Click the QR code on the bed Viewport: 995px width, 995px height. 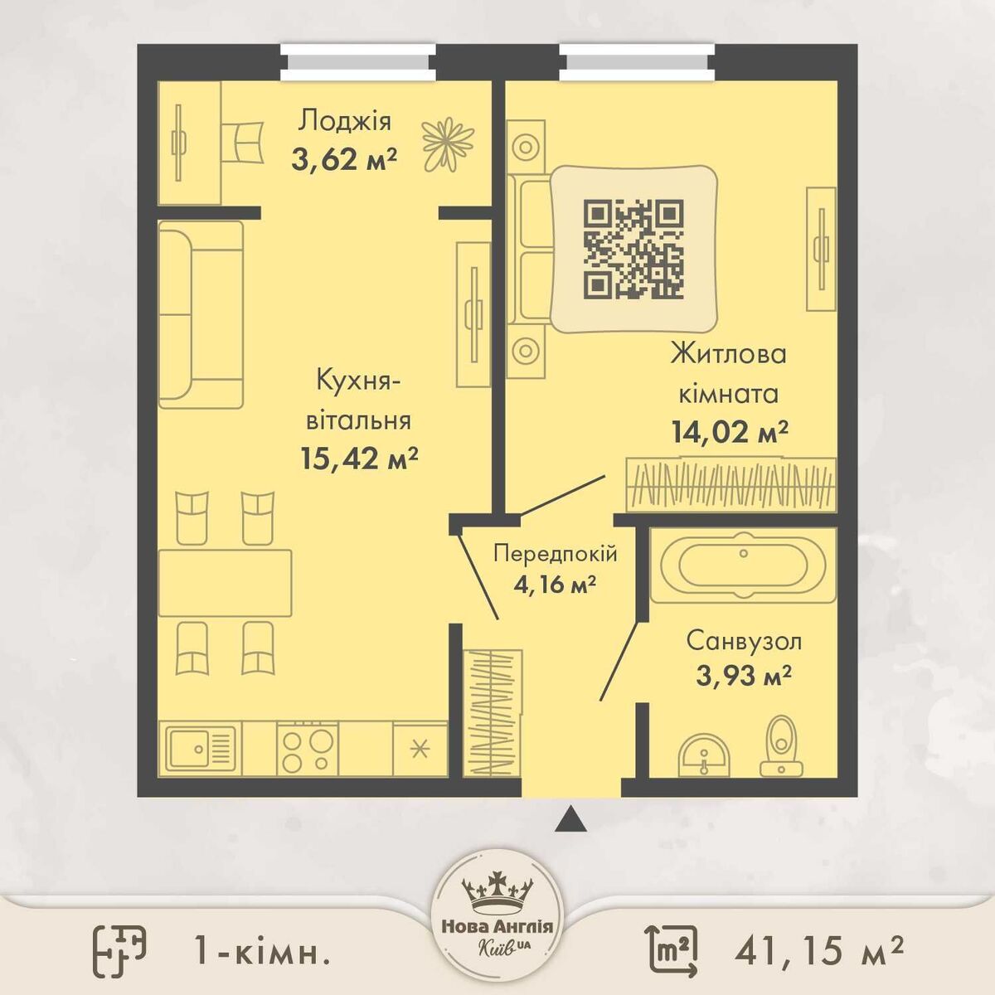tap(633, 250)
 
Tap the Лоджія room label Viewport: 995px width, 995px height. tap(344, 121)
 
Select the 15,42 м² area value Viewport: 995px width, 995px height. tap(359, 458)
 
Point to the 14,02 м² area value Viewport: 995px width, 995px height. tap(729, 431)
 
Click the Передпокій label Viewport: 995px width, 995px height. tap(555, 554)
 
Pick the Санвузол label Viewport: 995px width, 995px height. tap(744, 642)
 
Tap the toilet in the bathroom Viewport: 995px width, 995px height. tap(782, 745)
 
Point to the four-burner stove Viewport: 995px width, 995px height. tap(308, 748)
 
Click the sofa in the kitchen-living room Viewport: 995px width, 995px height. tap(201, 315)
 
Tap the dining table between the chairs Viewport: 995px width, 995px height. tap(226, 583)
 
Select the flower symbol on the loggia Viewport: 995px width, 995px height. tap(449, 144)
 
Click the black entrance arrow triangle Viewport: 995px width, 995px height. tap(571, 819)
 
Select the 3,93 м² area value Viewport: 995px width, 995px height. tap(744, 675)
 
